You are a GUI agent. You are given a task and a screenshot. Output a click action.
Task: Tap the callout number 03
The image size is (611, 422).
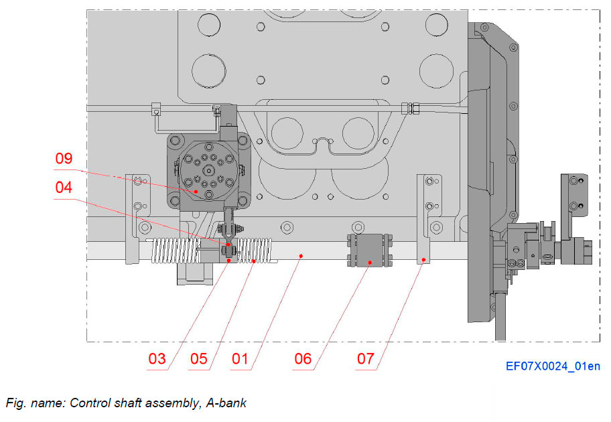157,360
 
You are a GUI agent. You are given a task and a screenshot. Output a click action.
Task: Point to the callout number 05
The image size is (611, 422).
198,360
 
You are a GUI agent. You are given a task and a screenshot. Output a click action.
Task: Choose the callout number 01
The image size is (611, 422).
240,360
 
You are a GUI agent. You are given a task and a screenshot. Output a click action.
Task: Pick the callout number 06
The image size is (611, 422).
303,360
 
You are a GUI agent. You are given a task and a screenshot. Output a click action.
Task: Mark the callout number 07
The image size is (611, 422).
365,360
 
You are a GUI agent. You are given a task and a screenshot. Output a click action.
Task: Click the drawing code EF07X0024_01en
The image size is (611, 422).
553,366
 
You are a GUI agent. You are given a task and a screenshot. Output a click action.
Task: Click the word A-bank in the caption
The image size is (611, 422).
225,403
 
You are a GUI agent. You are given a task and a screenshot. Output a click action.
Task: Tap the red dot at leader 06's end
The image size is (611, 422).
370,263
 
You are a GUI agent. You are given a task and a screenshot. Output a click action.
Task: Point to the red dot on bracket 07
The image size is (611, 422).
424,259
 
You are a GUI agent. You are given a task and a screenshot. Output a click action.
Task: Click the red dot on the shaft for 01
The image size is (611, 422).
302,255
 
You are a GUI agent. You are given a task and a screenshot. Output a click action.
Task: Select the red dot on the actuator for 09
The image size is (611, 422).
196,192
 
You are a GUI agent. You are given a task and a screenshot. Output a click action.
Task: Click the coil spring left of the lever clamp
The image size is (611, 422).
175,251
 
